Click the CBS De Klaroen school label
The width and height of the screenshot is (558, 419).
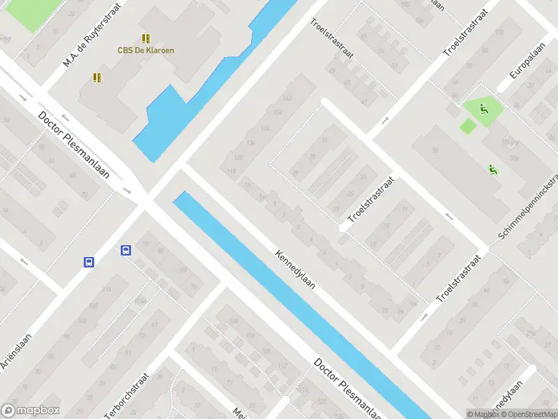[x=146, y=50]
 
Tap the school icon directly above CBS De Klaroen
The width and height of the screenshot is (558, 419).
[x=146, y=38]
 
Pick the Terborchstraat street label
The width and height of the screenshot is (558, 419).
[x=130, y=391]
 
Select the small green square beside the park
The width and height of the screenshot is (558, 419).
[x=467, y=126]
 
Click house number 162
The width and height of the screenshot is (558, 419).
[x=287, y=98]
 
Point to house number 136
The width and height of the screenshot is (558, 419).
[x=250, y=143]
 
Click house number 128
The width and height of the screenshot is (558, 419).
[x=239, y=157]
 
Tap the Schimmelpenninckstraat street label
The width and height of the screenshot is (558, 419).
[x=529, y=206]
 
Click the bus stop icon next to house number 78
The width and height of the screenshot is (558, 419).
[x=126, y=250]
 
